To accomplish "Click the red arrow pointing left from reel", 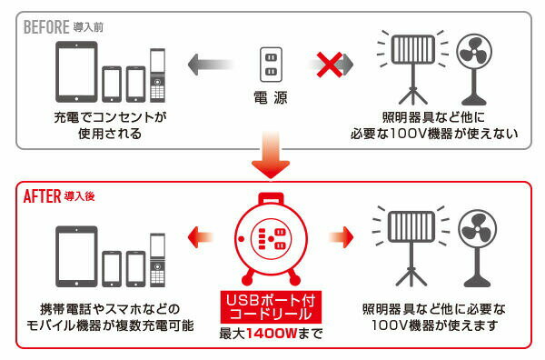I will point(205,238).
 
